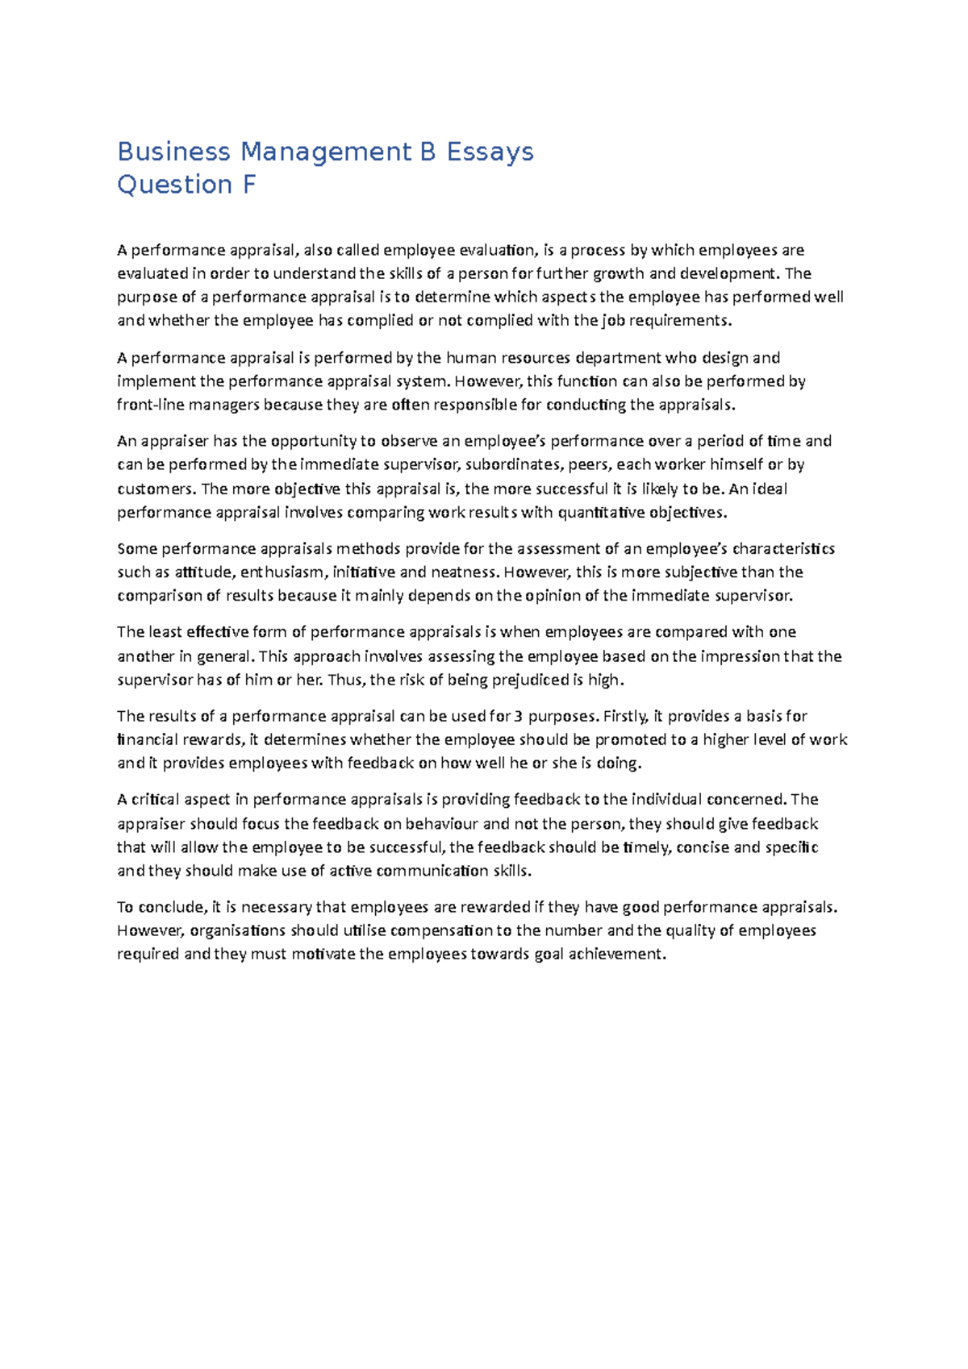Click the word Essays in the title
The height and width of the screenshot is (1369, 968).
tap(490, 152)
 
